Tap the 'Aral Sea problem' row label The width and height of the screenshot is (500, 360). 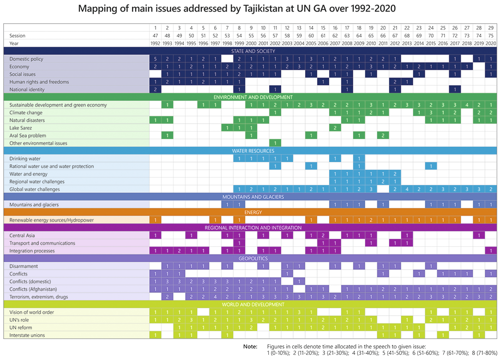point(28,136)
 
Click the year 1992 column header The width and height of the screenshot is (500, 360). point(156,43)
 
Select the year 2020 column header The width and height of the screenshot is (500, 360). point(491,43)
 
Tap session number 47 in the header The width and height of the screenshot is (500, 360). point(156,36)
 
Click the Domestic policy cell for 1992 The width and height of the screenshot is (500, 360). point(156,59)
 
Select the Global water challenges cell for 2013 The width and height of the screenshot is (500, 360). point(407,189)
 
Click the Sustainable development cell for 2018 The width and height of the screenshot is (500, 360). point(467,105)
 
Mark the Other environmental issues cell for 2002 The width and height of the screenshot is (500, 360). point(275,143)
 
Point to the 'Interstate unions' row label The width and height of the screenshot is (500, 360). point(27,336)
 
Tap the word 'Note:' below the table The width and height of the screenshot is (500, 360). point(250,346)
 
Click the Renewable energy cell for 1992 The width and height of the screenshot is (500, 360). point(156,220)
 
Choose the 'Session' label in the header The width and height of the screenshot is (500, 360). point(18,36)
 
